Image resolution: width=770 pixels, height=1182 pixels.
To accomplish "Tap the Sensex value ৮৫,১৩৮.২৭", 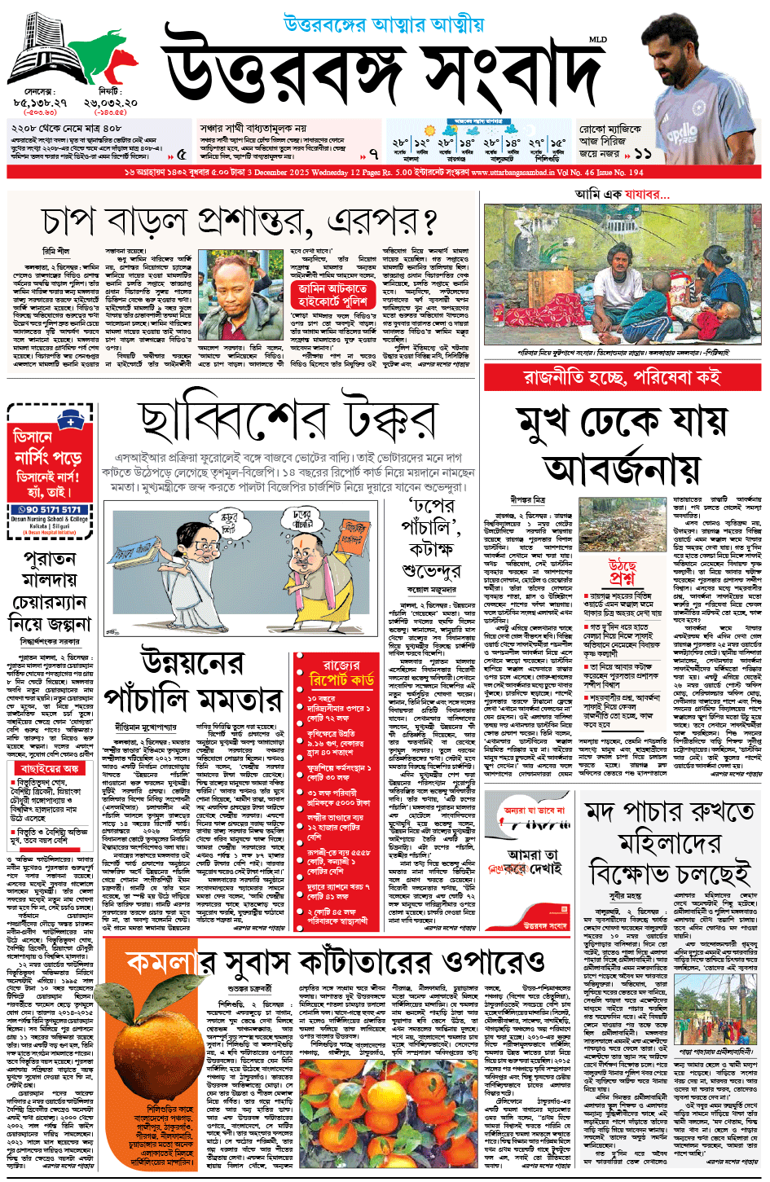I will point(41,103).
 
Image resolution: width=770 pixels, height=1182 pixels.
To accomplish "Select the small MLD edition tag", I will point(597,40).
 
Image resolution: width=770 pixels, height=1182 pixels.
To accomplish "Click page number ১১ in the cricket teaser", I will point(643,152).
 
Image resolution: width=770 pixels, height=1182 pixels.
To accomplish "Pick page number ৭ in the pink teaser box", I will point(373,153).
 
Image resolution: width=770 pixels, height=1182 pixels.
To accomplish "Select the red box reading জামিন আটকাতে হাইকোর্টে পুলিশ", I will point(332,295).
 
